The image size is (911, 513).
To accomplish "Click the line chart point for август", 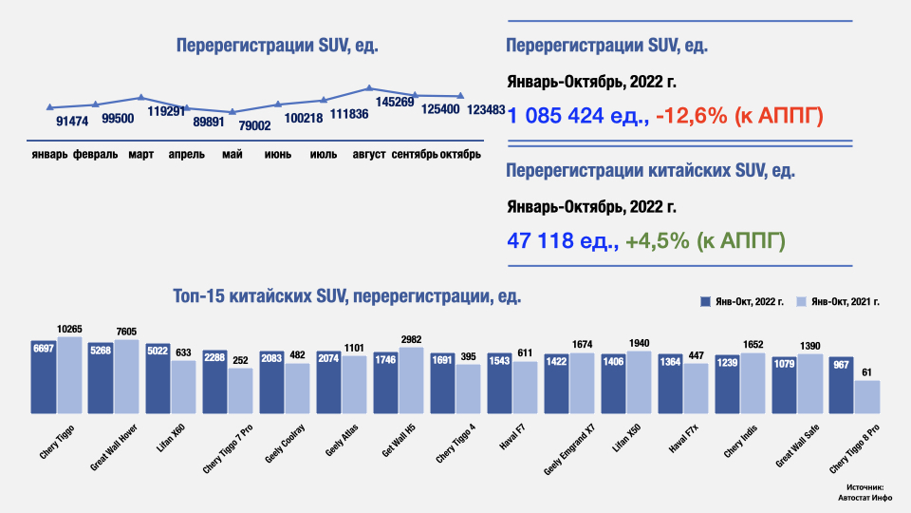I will [x=369, y=88].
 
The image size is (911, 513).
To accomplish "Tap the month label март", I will [x=141, y=154].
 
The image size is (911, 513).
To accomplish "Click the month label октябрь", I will [x=460, y=154].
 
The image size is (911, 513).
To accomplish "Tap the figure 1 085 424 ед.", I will [x=577, y=116].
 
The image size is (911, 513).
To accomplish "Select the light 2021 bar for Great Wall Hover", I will [x=126, y=375].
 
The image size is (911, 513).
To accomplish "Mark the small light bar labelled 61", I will [x=867, y=396].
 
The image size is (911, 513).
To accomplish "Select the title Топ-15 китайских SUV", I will [x=347, y=296].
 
